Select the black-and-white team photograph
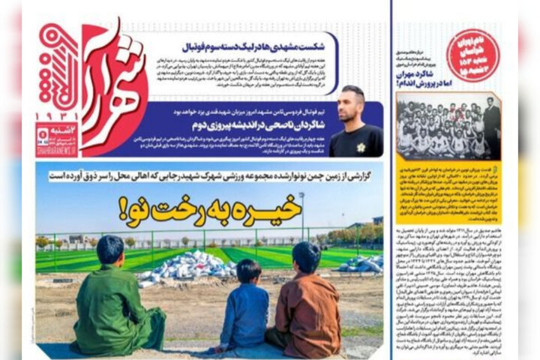(x=448, y=124)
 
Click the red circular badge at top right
(x=473, y=55)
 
